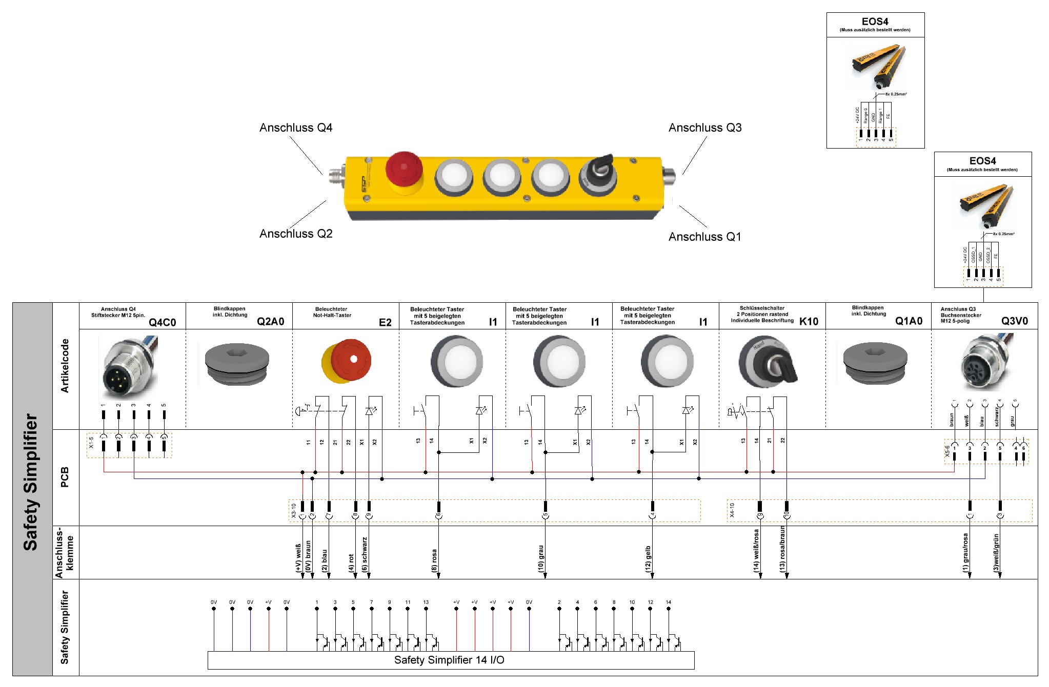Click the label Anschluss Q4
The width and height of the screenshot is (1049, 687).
pos(296,128)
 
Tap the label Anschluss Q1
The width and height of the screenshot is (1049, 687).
pos(704,237)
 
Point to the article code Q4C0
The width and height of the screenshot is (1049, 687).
pos(162,322)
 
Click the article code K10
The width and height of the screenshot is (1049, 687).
pos(809,322)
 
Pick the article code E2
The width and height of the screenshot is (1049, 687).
pos(385,322)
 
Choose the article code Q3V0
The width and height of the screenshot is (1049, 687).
pos(1014,321)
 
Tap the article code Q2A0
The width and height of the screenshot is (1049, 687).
pos(270,322)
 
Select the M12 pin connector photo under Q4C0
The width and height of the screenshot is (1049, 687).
pos(129,367)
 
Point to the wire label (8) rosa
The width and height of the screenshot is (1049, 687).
pos(434,560)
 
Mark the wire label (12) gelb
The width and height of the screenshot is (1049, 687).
pos(648,559)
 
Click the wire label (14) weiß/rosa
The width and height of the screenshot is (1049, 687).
pos(756,551)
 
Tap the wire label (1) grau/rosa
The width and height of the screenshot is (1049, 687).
pos(965,553)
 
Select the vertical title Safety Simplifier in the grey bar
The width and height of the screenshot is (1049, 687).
pos(31,482)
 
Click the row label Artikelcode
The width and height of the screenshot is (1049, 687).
pos(65,366)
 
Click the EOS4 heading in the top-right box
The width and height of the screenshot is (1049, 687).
pos(875,22)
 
